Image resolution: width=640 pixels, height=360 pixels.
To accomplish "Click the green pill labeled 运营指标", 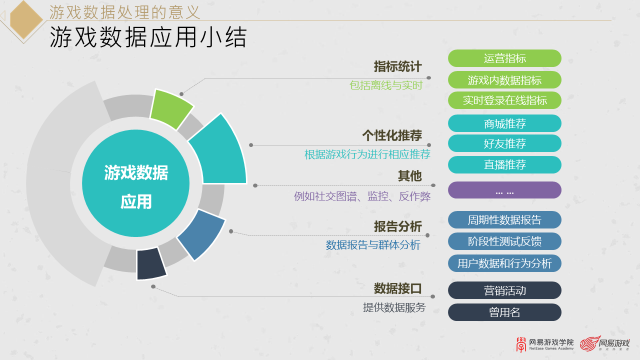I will (504, 58).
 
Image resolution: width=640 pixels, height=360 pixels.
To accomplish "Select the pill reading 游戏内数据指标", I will (504, 80).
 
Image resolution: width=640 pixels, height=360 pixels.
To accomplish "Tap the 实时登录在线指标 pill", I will (504, 100).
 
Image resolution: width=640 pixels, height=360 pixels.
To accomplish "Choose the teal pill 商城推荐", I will (504, 123).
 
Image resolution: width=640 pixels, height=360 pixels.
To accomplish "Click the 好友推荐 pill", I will (504, 143).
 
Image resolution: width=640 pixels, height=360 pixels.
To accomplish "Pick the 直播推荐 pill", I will (504, 164).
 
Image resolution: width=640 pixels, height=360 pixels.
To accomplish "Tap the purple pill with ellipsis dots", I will (504, 190).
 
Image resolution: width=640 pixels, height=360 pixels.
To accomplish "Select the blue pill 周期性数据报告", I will (504, 220).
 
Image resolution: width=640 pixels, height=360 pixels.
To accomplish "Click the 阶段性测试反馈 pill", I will (504, 241).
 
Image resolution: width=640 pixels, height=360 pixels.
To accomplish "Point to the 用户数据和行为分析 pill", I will (504, 263).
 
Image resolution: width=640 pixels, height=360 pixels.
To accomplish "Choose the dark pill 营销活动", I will (504, 290).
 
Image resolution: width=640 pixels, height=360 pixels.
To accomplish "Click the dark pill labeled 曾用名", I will (504, 312).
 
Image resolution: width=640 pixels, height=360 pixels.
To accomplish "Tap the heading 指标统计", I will (397, 67).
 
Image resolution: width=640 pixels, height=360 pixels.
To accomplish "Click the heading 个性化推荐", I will (392, 135).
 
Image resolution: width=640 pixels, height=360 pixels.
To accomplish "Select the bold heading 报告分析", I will (397, 226).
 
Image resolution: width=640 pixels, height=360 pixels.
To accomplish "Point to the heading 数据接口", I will (397, 288).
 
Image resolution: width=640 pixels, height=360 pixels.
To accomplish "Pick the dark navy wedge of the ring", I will (150, 263).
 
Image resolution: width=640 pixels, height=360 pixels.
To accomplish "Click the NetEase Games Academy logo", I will (545, 344).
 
